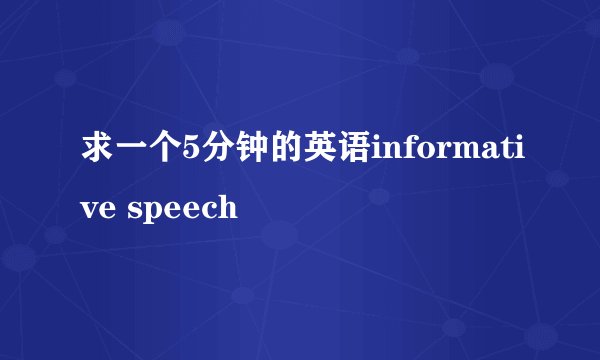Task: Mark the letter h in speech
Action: tap(228, 207)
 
